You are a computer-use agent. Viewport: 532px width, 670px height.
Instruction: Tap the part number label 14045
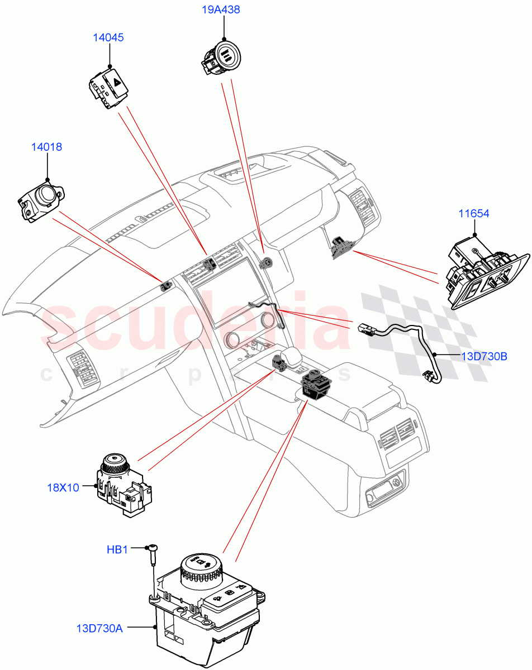coord(108,37)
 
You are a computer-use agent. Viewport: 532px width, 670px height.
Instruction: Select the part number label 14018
coord(46,147)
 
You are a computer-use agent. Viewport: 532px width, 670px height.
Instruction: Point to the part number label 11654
coord(474,213)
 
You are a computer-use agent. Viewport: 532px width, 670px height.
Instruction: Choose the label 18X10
coord(63,487)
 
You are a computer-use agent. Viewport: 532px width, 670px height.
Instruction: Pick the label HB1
coord(117,549)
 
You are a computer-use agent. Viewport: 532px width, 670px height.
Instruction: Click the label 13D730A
coord(99,628)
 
